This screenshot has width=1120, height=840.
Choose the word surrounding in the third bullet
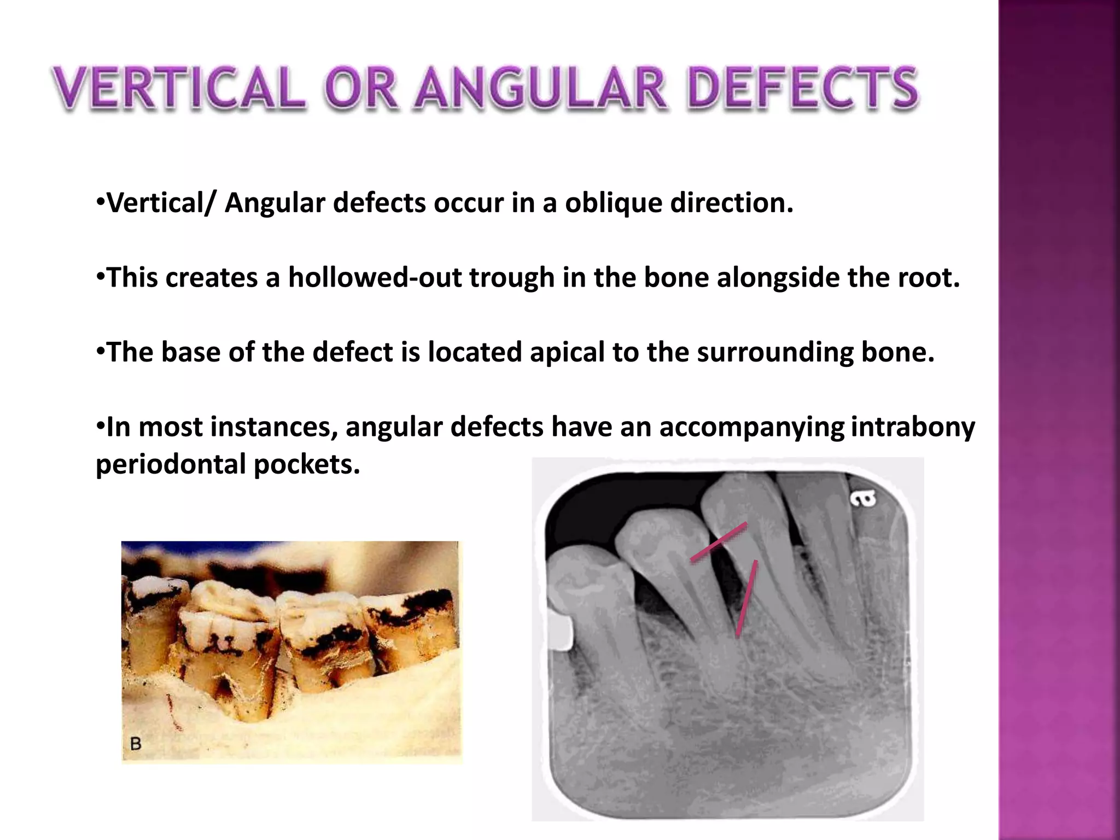(774, 353)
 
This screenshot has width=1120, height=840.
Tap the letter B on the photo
(136, 744)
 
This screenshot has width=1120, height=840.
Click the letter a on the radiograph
(863, 498)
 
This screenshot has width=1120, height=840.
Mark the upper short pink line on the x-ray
(719, 542)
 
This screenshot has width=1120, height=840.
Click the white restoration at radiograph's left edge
(559, 632)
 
